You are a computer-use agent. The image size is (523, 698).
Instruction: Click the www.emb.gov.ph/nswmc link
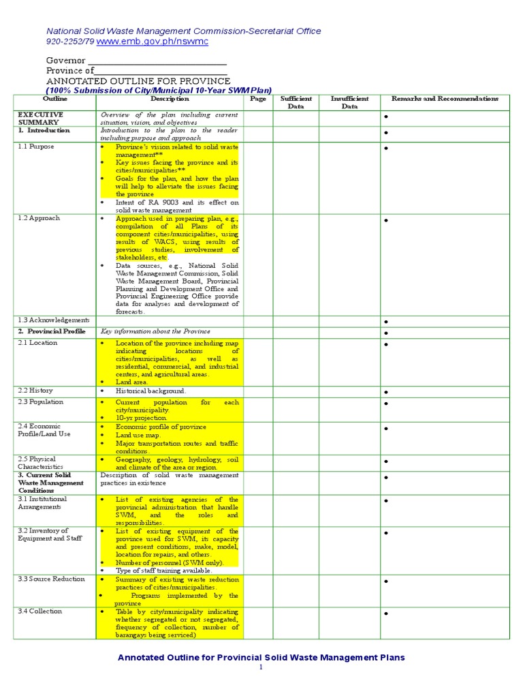153,42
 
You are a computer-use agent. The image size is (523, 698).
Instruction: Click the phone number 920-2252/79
70,42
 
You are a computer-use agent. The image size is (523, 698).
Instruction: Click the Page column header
258,99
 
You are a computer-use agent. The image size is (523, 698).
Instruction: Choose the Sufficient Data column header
296,103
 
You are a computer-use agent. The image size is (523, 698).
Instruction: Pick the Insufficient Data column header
349,103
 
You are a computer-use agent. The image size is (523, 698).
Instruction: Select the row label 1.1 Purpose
36,147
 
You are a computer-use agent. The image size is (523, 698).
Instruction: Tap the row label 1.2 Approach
39,218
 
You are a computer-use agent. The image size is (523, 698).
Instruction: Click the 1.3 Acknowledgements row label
54,320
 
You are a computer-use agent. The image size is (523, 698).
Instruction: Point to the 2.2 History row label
35,391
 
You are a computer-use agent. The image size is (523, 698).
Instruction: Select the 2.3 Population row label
41,402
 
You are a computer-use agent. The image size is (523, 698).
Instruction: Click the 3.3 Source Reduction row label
51,579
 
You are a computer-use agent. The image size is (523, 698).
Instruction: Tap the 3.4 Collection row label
40,611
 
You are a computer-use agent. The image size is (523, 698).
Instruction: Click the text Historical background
150,391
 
